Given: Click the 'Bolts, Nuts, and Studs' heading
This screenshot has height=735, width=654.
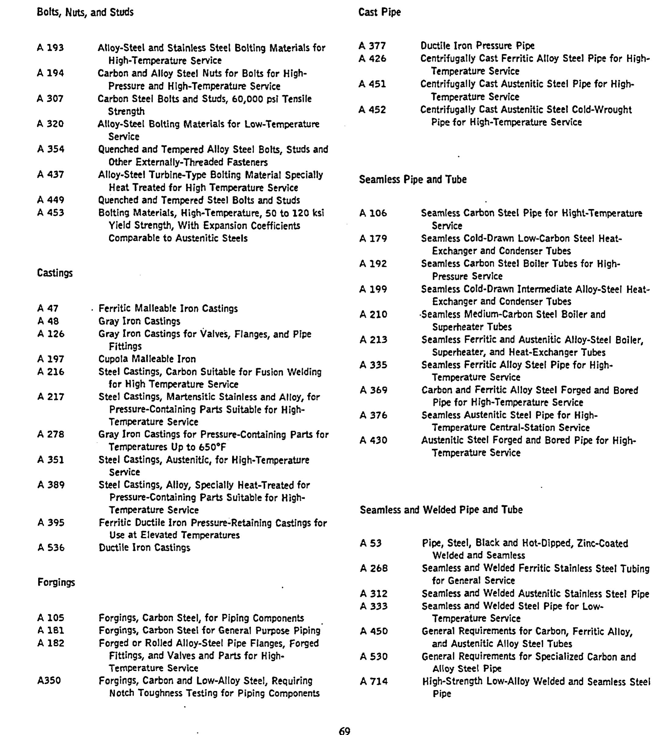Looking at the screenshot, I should click(85, 13).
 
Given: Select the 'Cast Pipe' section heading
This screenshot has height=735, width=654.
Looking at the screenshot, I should click(380, 12).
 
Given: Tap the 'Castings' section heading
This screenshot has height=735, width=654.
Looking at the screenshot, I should click(55, 273).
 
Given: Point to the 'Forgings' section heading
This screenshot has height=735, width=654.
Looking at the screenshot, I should click(56, 582).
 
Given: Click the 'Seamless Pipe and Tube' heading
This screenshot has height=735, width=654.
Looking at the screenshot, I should click(412, 179).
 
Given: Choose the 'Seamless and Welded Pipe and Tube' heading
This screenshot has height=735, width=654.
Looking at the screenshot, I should click(441, 510).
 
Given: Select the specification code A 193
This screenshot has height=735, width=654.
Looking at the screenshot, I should click(50, 48).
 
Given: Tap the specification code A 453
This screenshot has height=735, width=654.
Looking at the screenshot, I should click(51, 213).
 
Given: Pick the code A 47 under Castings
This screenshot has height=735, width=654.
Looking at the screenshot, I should click(48, 308).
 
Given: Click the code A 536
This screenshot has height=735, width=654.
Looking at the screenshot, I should click(51, 547).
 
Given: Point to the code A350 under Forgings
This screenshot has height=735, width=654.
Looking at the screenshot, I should click(49, 680).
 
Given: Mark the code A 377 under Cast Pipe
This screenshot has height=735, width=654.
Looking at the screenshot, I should click(372, 46).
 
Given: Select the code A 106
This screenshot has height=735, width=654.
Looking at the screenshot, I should click(373, 213).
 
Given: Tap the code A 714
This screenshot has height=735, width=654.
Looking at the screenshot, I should click(374, 681).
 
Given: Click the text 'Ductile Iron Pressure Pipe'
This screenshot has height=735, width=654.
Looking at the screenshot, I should click(477, 46).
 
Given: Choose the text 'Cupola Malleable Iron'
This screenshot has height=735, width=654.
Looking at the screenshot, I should click(147, 359).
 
